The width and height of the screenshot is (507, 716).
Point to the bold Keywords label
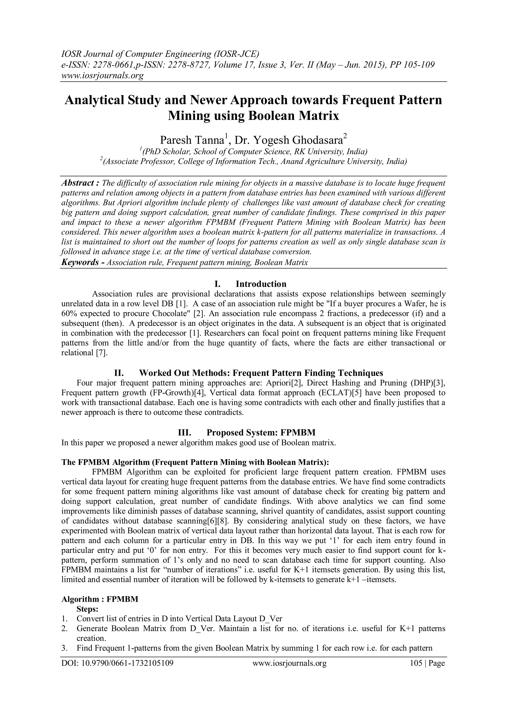(x=80, y=262)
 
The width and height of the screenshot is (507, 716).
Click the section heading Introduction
(x=261, y=284)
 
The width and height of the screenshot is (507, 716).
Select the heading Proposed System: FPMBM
(x=261, y=432)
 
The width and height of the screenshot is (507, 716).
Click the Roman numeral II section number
(x=119, y=373)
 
